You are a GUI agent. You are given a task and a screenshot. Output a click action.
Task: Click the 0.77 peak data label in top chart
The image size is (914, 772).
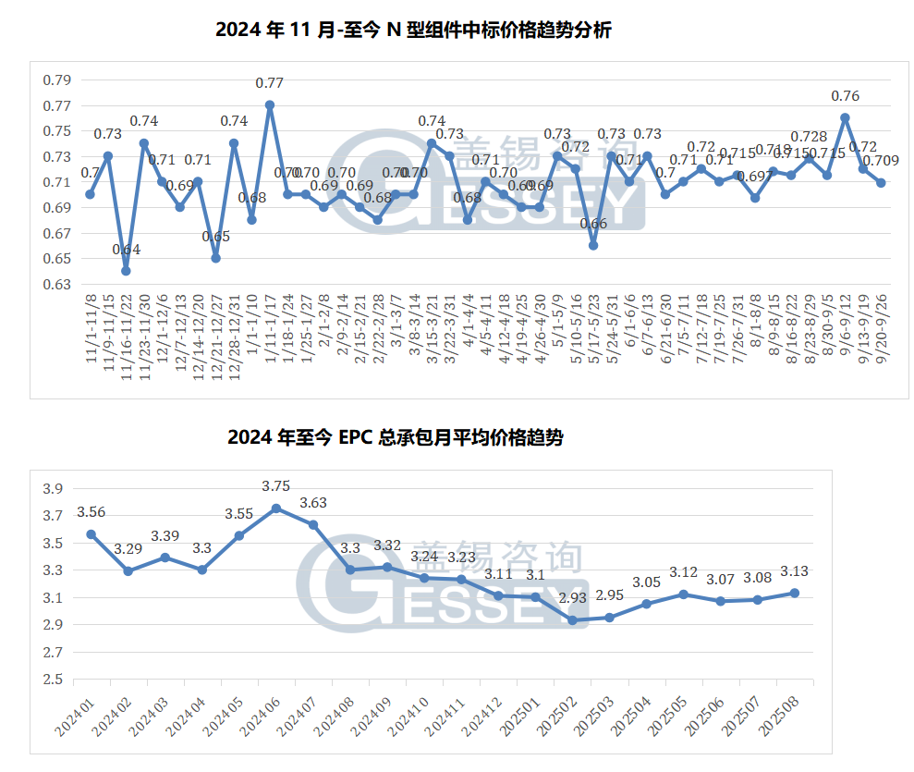pyautogui.click(x=269, y=83)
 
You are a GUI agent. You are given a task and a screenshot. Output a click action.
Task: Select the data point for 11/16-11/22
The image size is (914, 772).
pyautogui.click(x=126, y=271)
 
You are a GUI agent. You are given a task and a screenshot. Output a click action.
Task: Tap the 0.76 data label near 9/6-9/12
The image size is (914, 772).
pyautogui.click(x=845, y=96)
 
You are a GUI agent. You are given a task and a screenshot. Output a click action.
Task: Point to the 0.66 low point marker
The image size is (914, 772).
pyautogui.click(x=593, y=246)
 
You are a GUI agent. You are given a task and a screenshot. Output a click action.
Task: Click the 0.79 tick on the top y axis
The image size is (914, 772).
pyautogui.click(x=56, y=80)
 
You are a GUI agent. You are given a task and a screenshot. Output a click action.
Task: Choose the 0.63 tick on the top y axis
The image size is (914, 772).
pyautogui.click(x=56, y=285)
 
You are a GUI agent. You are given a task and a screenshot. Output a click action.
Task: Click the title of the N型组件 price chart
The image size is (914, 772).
pyautogui.click(x=413, y=31)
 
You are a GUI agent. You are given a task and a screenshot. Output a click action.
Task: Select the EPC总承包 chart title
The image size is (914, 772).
pyautogui.click(x=395, y=438)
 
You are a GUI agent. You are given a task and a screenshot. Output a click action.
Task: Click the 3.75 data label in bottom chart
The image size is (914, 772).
pyautogui.click(x=276, y=486)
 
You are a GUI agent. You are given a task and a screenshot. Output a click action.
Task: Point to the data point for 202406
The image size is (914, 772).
pyautogui.click(x=276, y=509)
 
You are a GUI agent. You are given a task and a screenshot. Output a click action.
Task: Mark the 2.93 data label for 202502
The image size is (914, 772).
pyautogui.click(x=572, y=599)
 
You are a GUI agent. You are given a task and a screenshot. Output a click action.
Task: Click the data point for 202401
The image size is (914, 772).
pyautogui.click(x=91, y=534)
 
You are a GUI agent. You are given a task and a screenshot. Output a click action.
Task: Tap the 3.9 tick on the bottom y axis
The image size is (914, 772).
pyautogui.click(x=54, y=489)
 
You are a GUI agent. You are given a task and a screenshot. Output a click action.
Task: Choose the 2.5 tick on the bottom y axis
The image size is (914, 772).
pyautogui.click(x=54, y=680)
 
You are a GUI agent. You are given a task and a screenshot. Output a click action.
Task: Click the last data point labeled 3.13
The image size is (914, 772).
pyautogui.click(x=794, y=594)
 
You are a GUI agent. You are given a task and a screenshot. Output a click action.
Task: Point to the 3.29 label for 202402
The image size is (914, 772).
pyautogui.click(x=128, y=550)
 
